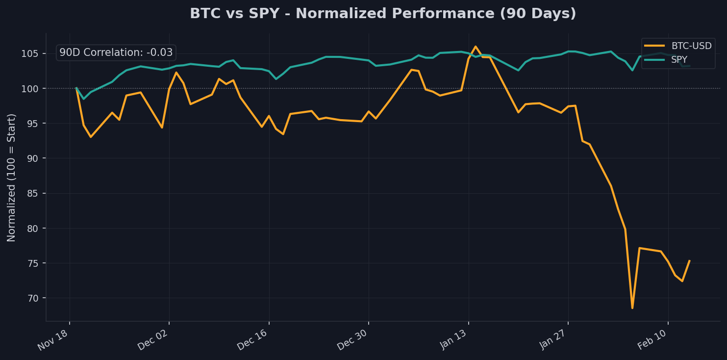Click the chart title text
coord(383,14)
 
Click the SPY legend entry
coord(679,59)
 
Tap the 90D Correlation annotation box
coord(116,52)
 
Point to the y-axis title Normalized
coord(12,177)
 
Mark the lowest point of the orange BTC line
coord(632,308)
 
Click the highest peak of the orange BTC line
coord(475,47)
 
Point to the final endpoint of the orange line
coord(689,261)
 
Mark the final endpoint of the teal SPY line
coord(689,66)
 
